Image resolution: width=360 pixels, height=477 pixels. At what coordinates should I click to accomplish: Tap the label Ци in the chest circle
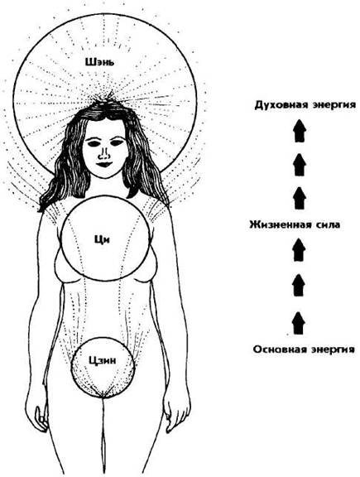point(102,240)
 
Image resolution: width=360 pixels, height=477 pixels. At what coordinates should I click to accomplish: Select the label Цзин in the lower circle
point(103,360)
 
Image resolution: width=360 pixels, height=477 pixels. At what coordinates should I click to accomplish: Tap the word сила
point(329,225)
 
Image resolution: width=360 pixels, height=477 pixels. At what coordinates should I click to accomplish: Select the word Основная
point(279,349)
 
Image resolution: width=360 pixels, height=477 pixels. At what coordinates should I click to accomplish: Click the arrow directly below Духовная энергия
point(300,131)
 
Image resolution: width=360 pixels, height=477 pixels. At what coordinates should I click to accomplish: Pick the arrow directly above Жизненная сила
point(300,199)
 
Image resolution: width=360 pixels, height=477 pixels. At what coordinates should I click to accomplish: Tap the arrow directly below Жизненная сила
point(300,250)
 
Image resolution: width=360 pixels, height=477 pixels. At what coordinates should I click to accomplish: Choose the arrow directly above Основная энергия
point(299,323)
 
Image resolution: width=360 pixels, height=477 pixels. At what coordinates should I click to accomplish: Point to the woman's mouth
point(104,164)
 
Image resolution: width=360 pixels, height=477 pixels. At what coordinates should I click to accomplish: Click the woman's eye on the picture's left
point(93,142)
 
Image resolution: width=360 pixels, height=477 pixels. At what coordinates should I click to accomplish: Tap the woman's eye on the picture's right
point(117,142)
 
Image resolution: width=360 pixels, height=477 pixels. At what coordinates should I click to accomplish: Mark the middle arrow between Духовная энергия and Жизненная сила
point(300,165)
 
